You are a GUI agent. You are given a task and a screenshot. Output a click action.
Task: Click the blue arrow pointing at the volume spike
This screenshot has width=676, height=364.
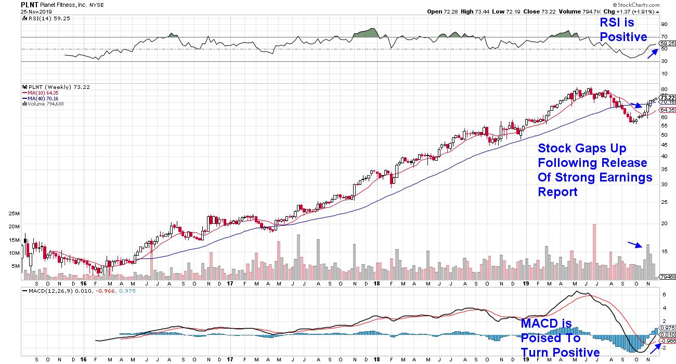[x=635, y=245]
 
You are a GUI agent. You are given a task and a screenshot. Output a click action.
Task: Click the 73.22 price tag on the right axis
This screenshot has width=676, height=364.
[x=667, y=98]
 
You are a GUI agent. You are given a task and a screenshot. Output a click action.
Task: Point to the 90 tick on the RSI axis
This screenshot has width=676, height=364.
[x=664, y=24]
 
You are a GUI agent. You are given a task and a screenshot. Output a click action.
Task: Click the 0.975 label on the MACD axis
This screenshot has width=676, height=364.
[x=667, y=328]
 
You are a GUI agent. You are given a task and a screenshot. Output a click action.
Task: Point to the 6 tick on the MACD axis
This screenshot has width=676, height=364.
[x=664, y=294]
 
